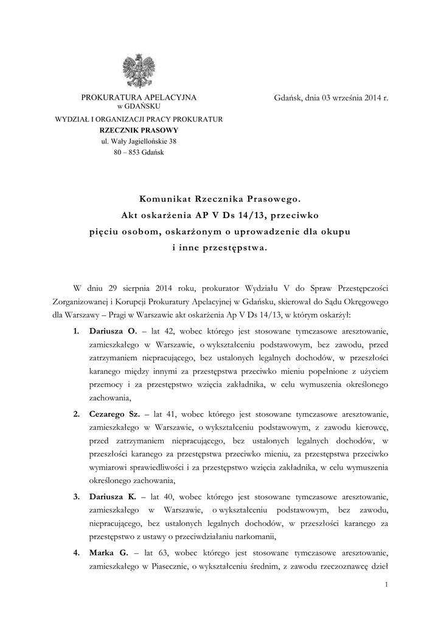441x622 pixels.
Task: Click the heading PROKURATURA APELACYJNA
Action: (x=139, y=97)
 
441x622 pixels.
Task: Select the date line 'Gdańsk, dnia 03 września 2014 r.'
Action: (x=331, y=97)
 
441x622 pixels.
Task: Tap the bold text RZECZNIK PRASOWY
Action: (x=139, y=130)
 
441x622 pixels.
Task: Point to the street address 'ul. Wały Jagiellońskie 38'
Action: (x=139, y=142)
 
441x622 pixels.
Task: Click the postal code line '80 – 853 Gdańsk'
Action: (x=139, y=152)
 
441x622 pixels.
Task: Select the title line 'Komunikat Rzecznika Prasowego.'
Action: (x=220, y=198)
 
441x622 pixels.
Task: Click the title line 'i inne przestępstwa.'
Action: (x=220, y=247)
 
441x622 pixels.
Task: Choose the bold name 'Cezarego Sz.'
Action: (x=115, y=414)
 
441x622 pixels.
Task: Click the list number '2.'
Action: (x=77, y=414)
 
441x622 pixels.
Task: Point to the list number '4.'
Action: (x=77, y=553)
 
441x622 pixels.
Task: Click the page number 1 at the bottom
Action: (x=386, y=584)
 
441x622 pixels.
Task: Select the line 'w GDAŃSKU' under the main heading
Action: (x=139, y=106)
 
